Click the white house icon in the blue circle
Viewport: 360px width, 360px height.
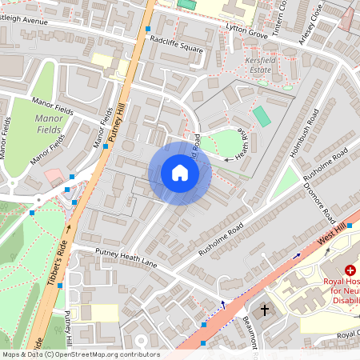coord(180,173)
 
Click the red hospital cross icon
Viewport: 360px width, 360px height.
coord(350,272)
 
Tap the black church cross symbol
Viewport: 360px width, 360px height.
coord(265,309)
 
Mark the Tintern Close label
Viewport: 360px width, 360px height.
coord(278,14)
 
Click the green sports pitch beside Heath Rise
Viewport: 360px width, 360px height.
coord(262,116)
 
